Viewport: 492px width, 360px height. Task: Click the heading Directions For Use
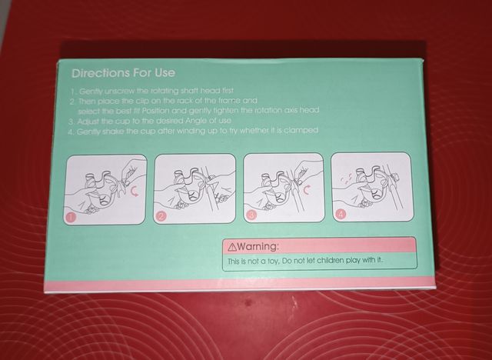pos(123,73)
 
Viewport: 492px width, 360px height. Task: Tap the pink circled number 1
pos(71,217)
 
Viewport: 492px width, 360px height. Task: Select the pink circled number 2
pos(161,216)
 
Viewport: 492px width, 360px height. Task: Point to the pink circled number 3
pos(251,215)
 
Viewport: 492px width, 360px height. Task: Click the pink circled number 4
pos(341,215)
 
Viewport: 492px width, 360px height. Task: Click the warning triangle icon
pos(232,248)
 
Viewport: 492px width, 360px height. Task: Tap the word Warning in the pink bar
pos(258,246)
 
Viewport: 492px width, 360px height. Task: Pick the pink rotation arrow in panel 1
pos(135,191)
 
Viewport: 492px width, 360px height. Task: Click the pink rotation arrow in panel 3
pos(307,189)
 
